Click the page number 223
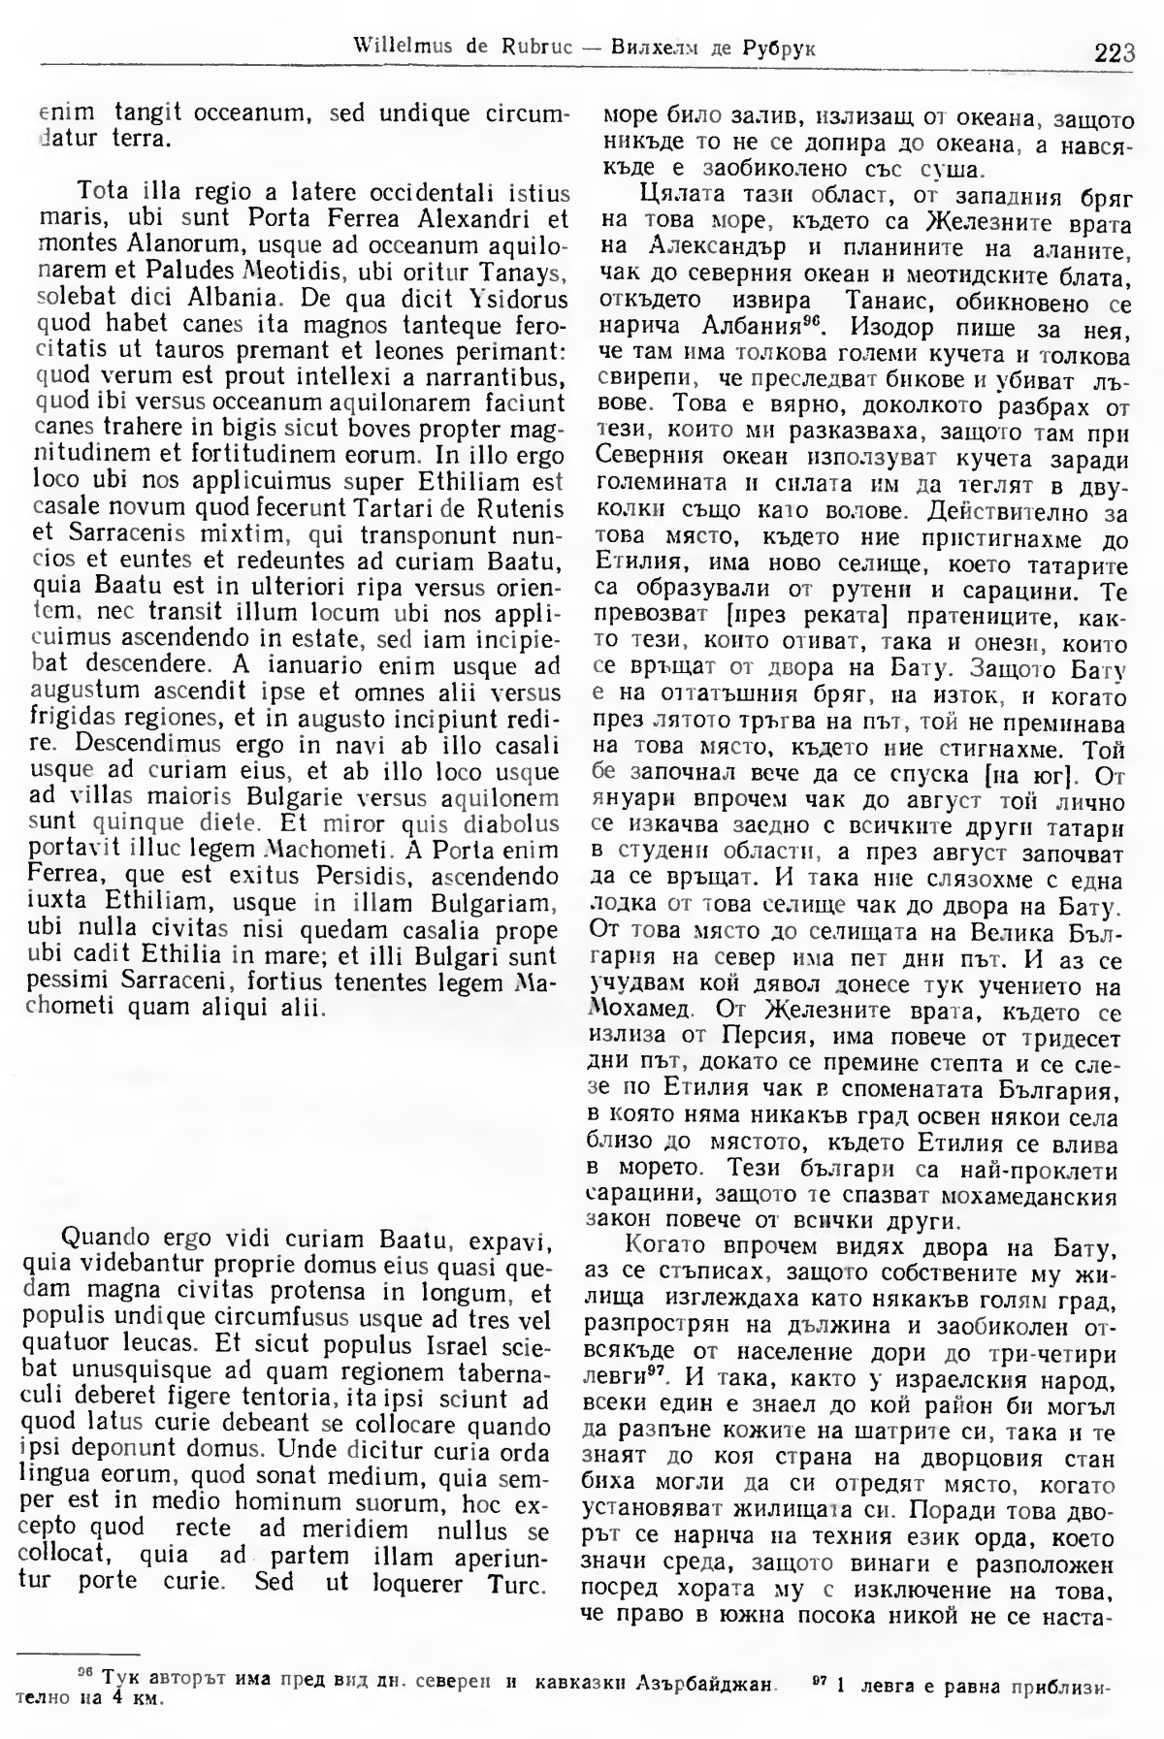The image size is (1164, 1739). pyautogui.click(x=1114, y=52)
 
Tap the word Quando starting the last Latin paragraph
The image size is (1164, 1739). pyautogui.click(x=102, y=1240)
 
